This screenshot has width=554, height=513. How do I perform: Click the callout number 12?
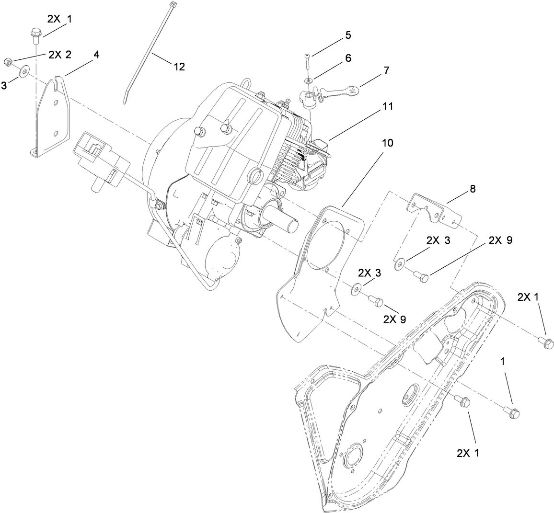(179, 67)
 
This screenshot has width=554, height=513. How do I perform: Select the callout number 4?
(96, 55)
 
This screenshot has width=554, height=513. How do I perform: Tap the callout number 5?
(348, 35)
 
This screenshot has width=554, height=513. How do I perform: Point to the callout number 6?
(348, 58)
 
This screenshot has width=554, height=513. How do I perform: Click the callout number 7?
(386, 70)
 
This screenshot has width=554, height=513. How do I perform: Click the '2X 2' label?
(59, 54)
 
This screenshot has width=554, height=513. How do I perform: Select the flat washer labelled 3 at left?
(23, 73)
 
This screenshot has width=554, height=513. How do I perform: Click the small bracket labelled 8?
(434, 209)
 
